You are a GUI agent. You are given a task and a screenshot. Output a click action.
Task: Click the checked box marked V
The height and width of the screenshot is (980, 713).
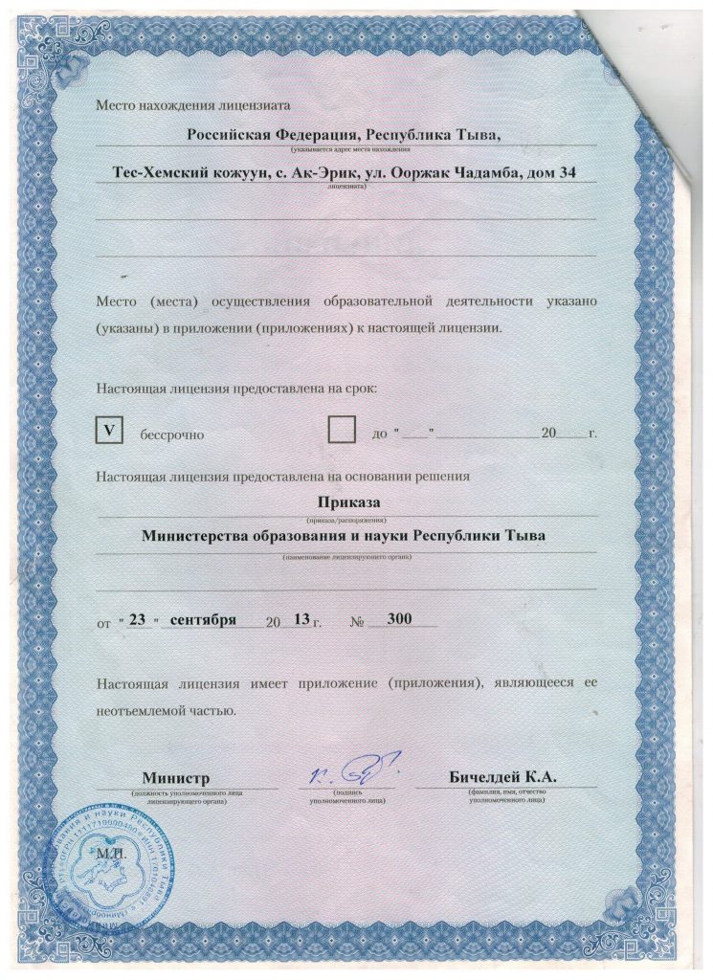pos(108,432)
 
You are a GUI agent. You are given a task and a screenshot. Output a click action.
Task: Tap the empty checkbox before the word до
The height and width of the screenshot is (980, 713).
pos(341,430)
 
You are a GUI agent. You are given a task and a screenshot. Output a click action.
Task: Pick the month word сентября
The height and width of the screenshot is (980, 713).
pos(203,619)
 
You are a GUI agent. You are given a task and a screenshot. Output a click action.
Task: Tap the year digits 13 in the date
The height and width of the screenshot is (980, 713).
pos(301,619)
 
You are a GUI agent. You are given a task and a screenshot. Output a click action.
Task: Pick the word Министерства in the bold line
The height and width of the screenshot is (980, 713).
pos(198,536)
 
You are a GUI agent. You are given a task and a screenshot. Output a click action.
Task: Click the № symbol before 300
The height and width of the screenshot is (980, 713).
pos(360,621)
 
